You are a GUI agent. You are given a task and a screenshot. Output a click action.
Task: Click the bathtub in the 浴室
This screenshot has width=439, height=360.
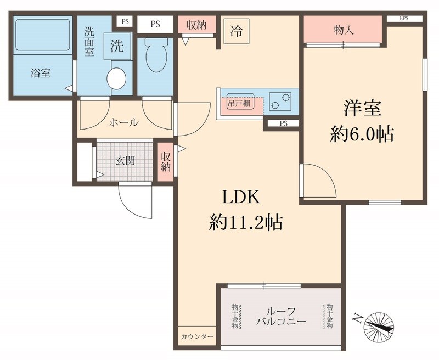click(42, 36)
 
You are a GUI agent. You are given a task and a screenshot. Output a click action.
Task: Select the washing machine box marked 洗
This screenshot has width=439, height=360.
click(117, 47)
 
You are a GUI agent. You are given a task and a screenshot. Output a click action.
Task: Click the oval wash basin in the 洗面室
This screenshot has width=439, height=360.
click(116, 78)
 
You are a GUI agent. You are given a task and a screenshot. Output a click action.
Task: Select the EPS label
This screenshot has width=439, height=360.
click(404, 19)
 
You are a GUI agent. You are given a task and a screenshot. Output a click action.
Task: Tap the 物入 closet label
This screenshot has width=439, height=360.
click(343, 30)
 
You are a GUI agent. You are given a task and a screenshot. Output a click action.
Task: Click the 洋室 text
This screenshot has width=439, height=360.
click(362, 108)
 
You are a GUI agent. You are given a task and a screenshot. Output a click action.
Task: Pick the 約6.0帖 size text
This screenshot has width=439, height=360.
click(362, 133)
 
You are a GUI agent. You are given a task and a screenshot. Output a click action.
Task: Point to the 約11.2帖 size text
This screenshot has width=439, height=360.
click(245, 222)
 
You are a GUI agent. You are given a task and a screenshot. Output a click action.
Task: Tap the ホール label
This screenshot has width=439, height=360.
click(123, 122)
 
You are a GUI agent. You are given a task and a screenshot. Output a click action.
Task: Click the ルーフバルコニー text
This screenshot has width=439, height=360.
click(280, 316)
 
